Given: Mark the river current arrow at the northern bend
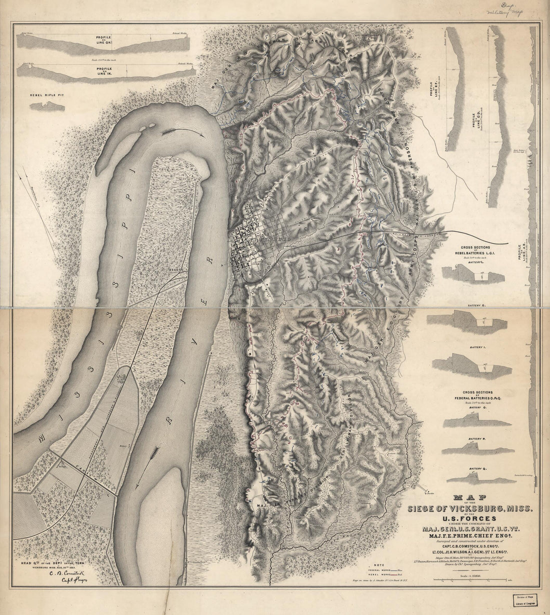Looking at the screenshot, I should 183,133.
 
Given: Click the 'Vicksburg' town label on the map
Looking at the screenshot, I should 265,239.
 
